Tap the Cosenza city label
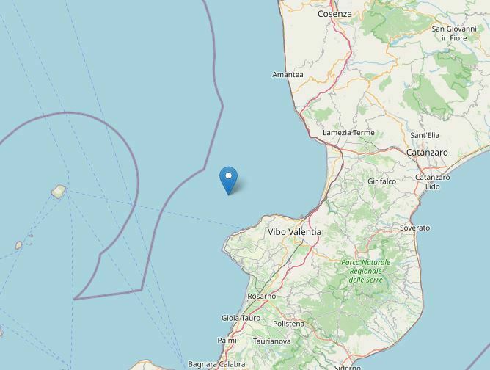[x=334, y=14]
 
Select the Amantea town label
[x=288, y=75]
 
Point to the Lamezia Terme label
[x=348, y=133]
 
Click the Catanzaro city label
[x=427, y=152]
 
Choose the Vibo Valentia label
[x=294, y=231]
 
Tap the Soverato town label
[x=415, y=228]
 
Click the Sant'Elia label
[x=425, y=136]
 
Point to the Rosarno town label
[x=262, y=296]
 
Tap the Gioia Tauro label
[x=241, y=318]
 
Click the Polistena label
[x=288, y=324]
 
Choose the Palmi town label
[x=227, y=340]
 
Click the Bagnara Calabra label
[x=217, y=363]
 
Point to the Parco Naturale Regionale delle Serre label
[x=366, y=271]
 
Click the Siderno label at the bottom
[x=347, y=366]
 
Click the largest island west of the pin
[x=58, y=192]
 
